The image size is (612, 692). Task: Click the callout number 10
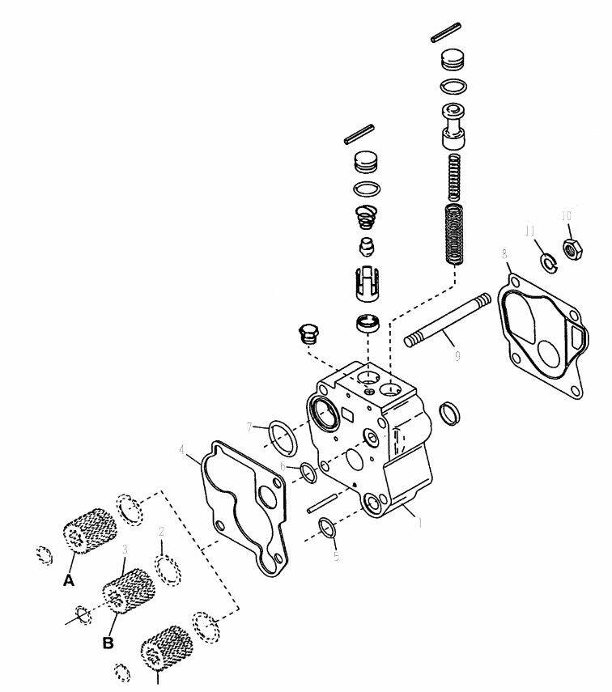coord(567,215)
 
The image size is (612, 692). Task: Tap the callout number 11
coord(530,231)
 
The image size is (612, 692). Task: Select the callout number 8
coord(504,254)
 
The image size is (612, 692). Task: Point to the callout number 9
coord(457,355)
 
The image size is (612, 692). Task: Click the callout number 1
coord(419,522)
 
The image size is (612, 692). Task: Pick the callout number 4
coord(182,449)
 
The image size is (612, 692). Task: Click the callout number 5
coord(335,556)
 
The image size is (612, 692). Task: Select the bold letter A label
coord(68,579)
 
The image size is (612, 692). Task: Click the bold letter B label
coord(107,644)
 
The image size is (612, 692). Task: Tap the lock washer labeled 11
coord(547,263)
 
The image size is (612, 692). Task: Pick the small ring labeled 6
coord(308,473)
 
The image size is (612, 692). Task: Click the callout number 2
coord(161,532)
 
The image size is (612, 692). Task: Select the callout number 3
coord(125,550)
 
